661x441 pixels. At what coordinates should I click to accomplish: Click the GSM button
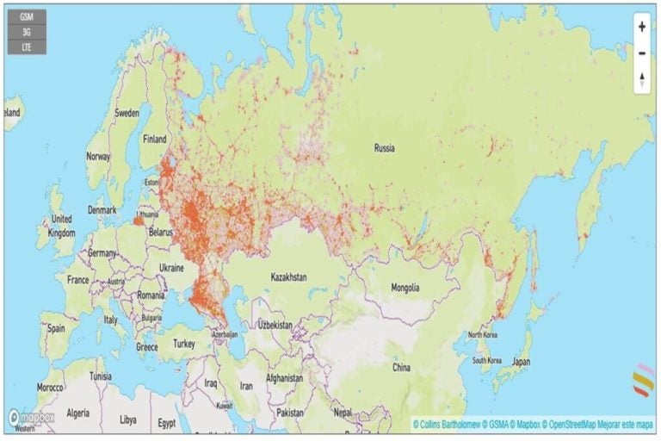pyautogui.click(x=27, y=16)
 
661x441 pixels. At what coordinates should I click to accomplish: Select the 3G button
pyautogui.click(x=27, y=32)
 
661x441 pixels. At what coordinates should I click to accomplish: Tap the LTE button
pyautogui.click(x=27, y=47)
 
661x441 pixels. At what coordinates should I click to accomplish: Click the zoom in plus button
pyautogui.click(x=642, y=27)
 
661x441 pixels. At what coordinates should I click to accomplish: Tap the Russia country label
pyautogui.click(x=385, y=148)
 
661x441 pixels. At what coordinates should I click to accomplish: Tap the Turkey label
pyautogui.click(x=183, y=344)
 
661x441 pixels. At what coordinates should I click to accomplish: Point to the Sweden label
pyautogui.click(x=127, y=113)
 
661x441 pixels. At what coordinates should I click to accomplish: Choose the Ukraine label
pyautogui.click(x=171, y=268)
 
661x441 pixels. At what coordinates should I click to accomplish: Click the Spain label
pyautogui.click(x=57, y=328)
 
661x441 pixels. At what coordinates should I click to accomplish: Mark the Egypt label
pyautogui.click(x=167, y=424)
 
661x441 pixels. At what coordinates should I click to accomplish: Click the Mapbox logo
pyautogui.click(x=33, y=418)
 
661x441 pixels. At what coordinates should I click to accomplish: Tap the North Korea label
pyautogui.click(x=483, y=334)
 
